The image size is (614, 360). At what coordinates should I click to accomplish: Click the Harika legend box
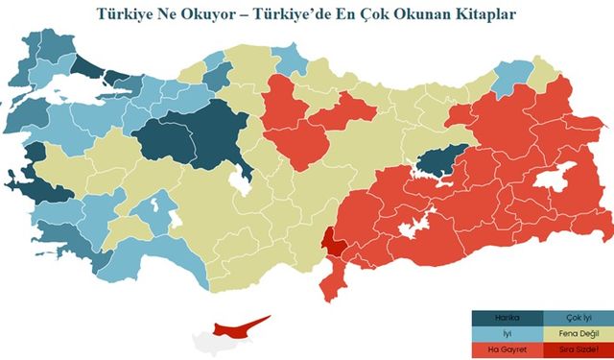click(508, 318)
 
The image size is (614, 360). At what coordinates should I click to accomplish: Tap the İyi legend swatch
click(508, 333)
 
